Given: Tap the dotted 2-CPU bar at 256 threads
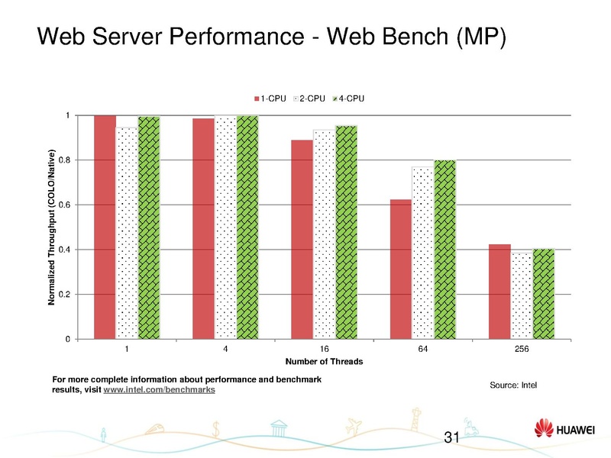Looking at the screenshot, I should [521, 295].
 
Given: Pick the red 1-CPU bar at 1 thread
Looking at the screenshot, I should [105, 227].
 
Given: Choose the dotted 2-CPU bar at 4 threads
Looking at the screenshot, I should [225, 227].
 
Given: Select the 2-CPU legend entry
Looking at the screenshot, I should [309, 98].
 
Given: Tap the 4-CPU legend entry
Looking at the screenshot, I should [349, 98].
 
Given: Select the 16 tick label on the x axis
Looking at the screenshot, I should [324, 348].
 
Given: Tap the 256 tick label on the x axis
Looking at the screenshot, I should [521, 348].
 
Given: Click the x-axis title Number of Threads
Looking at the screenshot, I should [323, 361].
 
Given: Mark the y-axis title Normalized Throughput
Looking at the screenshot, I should [52, 227].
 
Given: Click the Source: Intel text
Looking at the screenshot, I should [513, 384].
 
